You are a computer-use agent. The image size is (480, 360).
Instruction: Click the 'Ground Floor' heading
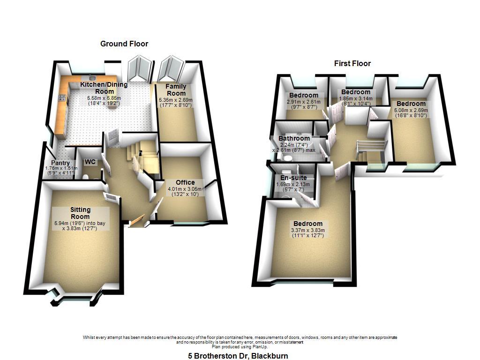pos(124,44)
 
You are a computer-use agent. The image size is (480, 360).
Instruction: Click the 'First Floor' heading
pos(352,63)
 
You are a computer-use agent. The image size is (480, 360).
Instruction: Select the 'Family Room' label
pos(176,90)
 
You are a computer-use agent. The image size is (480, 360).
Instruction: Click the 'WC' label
pos(90,162)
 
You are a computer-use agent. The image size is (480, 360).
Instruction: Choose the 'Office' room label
pos(185,182)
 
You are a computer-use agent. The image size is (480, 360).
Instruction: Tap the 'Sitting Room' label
pos(80,213)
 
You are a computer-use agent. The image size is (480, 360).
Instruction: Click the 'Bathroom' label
pos(294,138)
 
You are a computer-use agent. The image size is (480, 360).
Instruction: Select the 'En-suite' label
pos(293,178)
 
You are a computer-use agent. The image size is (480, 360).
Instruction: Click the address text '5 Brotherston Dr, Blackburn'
pos(238,356)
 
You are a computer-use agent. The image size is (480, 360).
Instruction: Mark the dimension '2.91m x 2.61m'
pos(303,102)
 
